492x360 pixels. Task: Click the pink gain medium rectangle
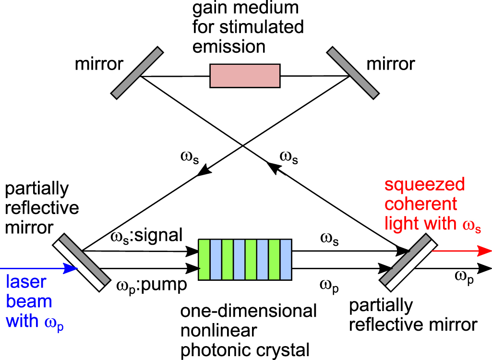click(245, 76)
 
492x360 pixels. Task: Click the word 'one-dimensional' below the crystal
click(248, 311)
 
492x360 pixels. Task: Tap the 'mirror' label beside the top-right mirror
click(391, 64)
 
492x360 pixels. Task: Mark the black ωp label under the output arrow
click(464, 277)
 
